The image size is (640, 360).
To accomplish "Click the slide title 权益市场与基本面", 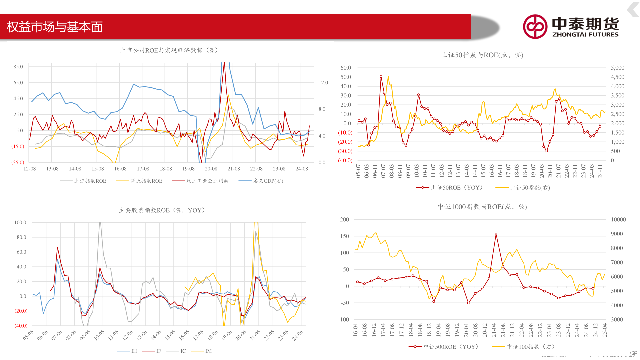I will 55,27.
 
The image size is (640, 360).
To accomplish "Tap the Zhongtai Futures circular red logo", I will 535,27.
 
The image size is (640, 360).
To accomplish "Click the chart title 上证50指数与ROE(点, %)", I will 482,55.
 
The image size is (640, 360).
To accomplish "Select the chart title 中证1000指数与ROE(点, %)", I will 482,207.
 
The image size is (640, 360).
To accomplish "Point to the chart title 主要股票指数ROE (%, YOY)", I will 162,210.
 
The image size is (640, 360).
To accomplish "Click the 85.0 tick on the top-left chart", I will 18,67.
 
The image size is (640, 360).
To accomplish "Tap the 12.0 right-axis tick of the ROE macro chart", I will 323,83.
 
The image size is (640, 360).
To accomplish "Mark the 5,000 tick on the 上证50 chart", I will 617,68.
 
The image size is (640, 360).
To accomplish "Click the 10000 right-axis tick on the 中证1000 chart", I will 618,220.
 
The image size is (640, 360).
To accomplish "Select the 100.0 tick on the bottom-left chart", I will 20,223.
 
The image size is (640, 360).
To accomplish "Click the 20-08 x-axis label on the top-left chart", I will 211,169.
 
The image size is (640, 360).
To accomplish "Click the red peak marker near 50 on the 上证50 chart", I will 381,77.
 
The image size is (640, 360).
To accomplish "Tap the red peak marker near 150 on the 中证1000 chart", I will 496,234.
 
